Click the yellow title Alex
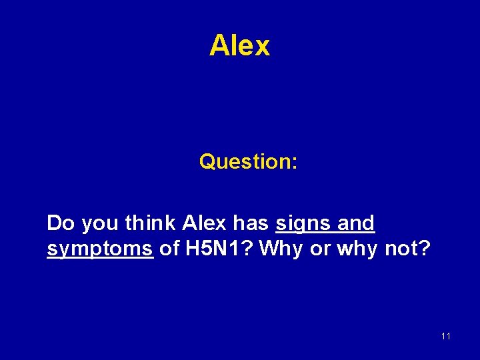click(239, 46)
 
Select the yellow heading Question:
click(248, 161)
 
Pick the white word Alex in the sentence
click(199, 223)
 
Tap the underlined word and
click(356, 223)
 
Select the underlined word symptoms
click(100, 250)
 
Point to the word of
click(170, 249)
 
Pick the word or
click(321, 250)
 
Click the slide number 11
click(446, 336)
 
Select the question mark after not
click(426, 249)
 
